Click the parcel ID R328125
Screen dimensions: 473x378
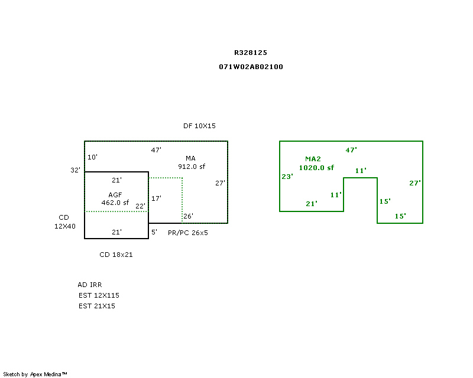(x=251, y=53)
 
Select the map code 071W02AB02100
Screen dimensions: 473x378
(x=251, y=67)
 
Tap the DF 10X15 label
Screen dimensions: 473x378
(x=199, y=126)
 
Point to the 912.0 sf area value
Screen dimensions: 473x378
(x=192, y=167)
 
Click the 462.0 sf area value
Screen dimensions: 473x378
(x=115, y=203)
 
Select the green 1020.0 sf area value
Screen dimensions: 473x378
(x=316, y=168)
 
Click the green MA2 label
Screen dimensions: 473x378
(x=313, y=159)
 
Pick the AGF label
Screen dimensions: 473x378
(x=115, y=195)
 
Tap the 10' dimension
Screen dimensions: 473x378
(x=92, y=157)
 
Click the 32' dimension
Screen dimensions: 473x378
(x=76, y=170)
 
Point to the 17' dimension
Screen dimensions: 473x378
(x=156, y=198)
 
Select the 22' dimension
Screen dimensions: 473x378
(x=140, y=206)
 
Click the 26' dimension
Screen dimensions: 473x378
(x=188, y=216)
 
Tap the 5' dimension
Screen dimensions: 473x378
(x=154, y=232)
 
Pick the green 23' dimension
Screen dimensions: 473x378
(x=287, y=177)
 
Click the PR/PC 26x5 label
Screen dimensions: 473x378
(x=188, y=233)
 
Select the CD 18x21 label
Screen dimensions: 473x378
(x=116, y=255)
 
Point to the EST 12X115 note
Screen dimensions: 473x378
(x=99, y=295)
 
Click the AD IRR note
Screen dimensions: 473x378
(x=90, y=285)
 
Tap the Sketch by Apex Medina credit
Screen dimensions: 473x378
(x=35, y=374)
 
